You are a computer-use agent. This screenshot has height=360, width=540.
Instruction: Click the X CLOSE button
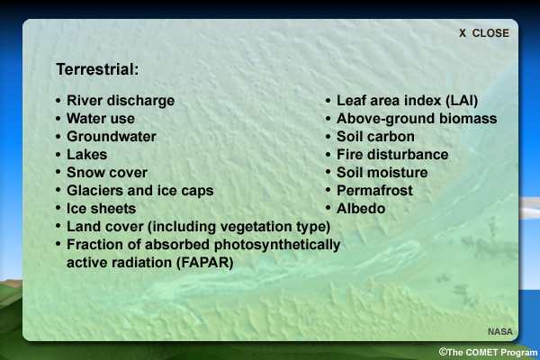point(484,33)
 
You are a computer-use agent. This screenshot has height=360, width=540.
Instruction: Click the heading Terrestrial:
point(97,69)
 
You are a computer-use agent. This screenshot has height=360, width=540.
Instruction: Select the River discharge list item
point(121,101)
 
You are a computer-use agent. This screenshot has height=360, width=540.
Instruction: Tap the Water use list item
point(101,119)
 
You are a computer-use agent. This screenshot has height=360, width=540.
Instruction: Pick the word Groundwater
point(112,137)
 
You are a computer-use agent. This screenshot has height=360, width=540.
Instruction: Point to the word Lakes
point(86,154)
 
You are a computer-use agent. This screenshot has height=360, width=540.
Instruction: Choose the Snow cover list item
point(107,172)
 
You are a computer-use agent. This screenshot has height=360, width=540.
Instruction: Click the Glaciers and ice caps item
point(140,191)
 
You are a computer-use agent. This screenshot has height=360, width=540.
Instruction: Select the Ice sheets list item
point(101,209)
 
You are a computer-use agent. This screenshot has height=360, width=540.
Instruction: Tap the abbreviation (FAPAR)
point(205,263)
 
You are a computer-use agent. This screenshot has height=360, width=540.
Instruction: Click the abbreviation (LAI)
point(462,101)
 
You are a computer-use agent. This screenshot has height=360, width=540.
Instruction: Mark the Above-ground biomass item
point(417,119)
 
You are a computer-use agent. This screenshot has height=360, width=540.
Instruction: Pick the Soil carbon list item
point(375,137)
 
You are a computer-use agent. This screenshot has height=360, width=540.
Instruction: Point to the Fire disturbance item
point(392,154)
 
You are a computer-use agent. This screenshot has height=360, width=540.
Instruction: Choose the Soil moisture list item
point(382,172)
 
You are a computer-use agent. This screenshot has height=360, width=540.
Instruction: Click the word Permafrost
point(374,191)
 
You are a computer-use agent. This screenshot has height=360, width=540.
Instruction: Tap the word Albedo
point(361,209)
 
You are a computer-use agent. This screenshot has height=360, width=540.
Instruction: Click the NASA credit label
point(500,331)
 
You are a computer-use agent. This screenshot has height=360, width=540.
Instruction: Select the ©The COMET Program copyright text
point(488,353)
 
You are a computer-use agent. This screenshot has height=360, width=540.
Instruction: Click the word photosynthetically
point(277,245)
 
